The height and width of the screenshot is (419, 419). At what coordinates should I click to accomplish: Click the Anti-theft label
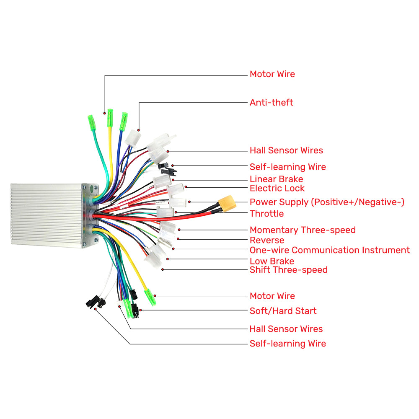[271, 102]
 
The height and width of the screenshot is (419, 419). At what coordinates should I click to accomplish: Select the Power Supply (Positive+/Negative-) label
[327, 202]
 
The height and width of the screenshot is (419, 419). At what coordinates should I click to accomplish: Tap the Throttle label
[266, 214]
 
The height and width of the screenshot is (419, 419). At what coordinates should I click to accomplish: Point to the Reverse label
[267, 240]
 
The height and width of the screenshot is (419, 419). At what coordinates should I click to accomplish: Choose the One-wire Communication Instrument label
[329, 250]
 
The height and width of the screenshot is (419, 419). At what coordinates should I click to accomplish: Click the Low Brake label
[272, 261]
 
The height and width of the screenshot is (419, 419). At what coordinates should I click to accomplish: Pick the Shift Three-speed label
[289, 270]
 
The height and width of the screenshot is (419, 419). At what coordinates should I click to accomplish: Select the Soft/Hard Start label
[283, 311]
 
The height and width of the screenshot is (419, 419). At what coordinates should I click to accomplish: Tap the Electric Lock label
[277, 188]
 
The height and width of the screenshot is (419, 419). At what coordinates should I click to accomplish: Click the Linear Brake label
[276, 179]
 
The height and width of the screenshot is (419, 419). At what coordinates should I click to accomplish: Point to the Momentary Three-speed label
[303, 230]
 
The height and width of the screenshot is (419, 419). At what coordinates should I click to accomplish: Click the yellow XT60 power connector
[227, 203]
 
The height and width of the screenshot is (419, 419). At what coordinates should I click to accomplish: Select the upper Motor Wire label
[272, 74]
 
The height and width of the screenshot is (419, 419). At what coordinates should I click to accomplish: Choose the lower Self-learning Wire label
[288, 344]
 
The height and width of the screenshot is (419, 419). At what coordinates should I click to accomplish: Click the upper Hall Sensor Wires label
[286, 150]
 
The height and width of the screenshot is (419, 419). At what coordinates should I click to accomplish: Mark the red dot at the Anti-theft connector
[138, 130]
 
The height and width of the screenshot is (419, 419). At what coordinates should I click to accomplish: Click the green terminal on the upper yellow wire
[110, 118]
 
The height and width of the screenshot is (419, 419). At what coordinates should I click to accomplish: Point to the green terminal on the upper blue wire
[124, 122]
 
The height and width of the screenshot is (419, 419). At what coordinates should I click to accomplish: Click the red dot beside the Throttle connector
[176, 212]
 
